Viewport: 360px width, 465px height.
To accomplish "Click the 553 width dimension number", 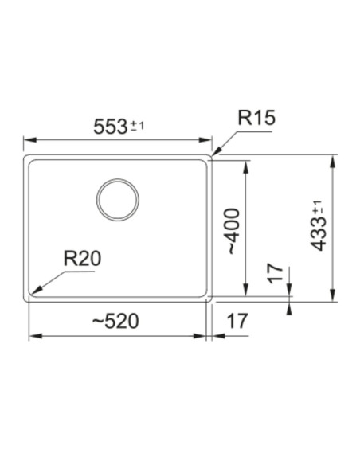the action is click(111, 127).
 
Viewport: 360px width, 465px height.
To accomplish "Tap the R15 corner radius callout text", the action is click(256, 118).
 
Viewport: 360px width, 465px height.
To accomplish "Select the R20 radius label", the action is click(83, 258).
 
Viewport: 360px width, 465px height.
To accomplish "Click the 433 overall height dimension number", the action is click(319, 233).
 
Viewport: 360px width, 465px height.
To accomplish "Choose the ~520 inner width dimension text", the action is click(115, 321).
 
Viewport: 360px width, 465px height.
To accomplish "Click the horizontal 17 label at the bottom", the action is click(237, 321).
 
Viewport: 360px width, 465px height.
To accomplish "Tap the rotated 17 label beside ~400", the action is click(276, 273).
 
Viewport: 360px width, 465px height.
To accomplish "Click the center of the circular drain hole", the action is click(118, 200).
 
